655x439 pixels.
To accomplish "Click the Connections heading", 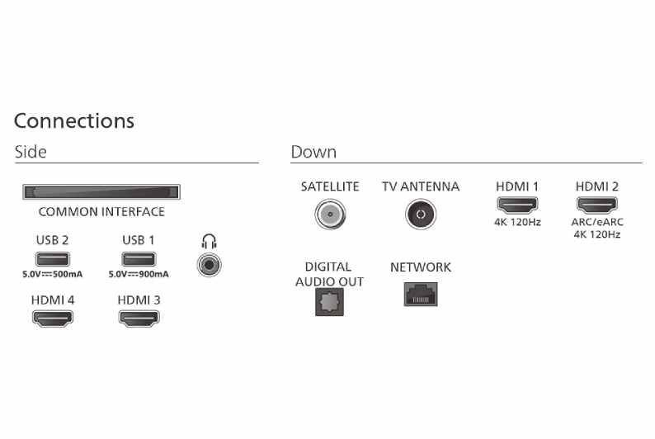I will [74, 120].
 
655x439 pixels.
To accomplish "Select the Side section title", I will [31, 153].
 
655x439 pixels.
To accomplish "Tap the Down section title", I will [313, 153].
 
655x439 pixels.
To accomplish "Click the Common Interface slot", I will [101, 192].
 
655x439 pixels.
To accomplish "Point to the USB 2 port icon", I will [53, 259].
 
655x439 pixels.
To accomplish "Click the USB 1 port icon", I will [139, 259].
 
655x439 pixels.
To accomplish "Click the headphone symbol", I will [209, 242].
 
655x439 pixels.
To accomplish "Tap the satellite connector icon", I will [329, 215].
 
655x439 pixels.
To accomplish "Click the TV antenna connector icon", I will [420, 215].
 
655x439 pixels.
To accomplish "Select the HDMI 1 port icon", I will [516, 205].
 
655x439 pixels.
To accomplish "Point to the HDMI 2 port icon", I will [596, 205].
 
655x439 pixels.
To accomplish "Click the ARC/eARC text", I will [596, 222].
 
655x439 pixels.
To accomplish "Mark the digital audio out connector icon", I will [328, 302].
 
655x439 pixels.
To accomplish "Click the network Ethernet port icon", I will [420, 294].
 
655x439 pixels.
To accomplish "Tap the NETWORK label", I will [421, 267].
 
